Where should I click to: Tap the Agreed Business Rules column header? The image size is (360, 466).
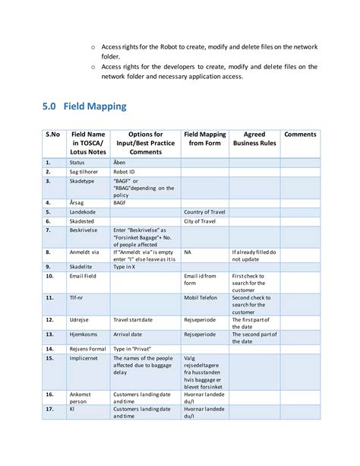click(254, 138)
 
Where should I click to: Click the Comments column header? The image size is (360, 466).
click(300, 135)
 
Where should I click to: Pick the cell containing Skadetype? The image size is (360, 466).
click(82, 182)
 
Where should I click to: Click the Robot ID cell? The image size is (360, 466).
click(125, 173)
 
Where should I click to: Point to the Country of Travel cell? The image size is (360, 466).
click(205, 211)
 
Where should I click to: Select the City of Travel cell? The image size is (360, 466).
click(200, 221)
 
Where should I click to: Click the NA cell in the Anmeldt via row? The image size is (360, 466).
click(188, 251)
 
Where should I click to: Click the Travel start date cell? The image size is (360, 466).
click(139, 320)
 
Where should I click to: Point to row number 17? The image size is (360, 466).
click(49, 409)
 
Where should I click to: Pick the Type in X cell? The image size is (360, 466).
click(125, 267)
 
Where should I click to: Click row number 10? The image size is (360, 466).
click(49, 276)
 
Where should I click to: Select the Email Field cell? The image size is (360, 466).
click(84, 276)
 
